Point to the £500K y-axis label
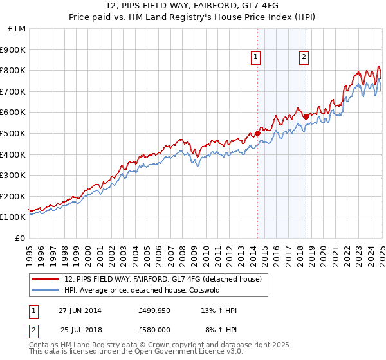tap(14, 133)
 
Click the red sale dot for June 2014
tap(257, 133)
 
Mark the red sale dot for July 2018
tap(306, 116)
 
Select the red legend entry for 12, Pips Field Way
tap(163, 279)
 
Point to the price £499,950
tap(154, 310)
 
